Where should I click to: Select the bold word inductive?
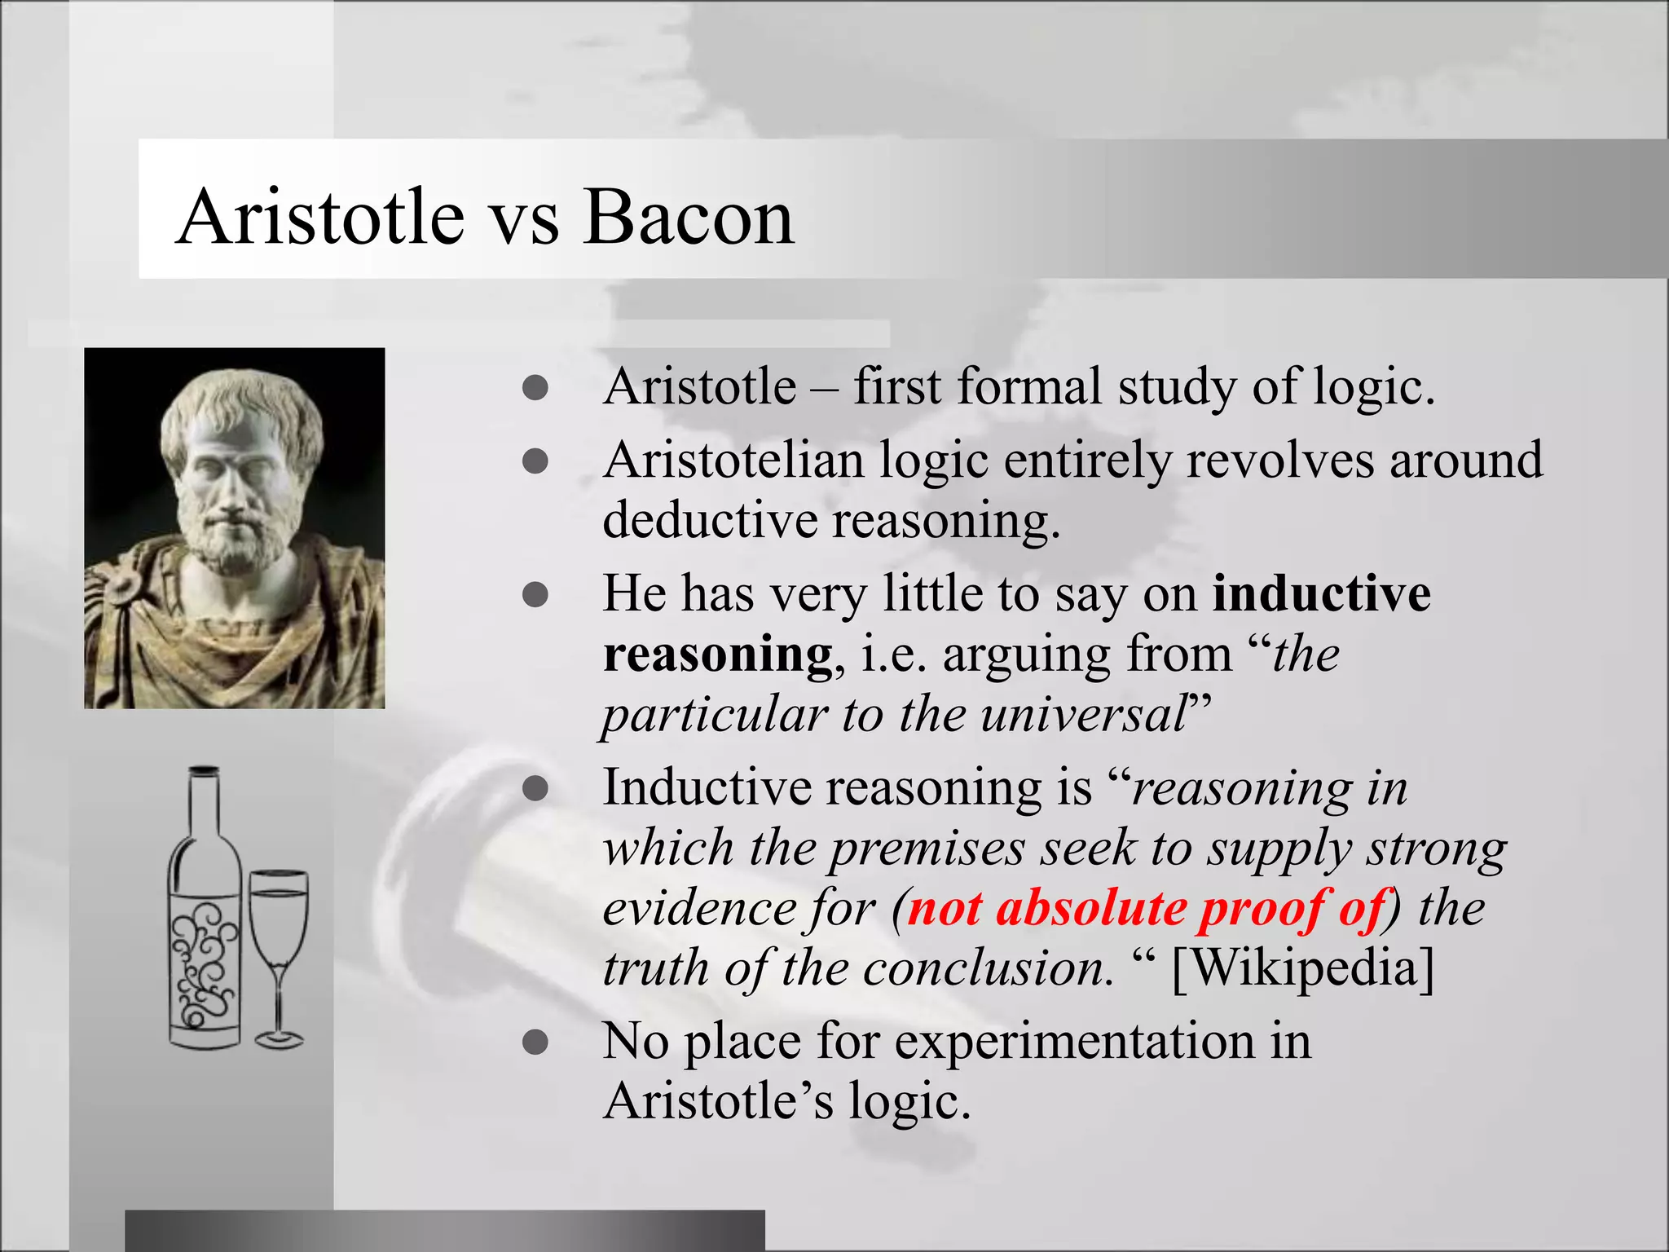(x=1321, y=593)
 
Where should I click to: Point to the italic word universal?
(x=1084, y=714)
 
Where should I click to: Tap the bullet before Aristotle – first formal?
(x=535, y=388)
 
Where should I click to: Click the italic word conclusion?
(x=988, y=968)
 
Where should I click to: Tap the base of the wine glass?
(x=279, y=1039)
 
